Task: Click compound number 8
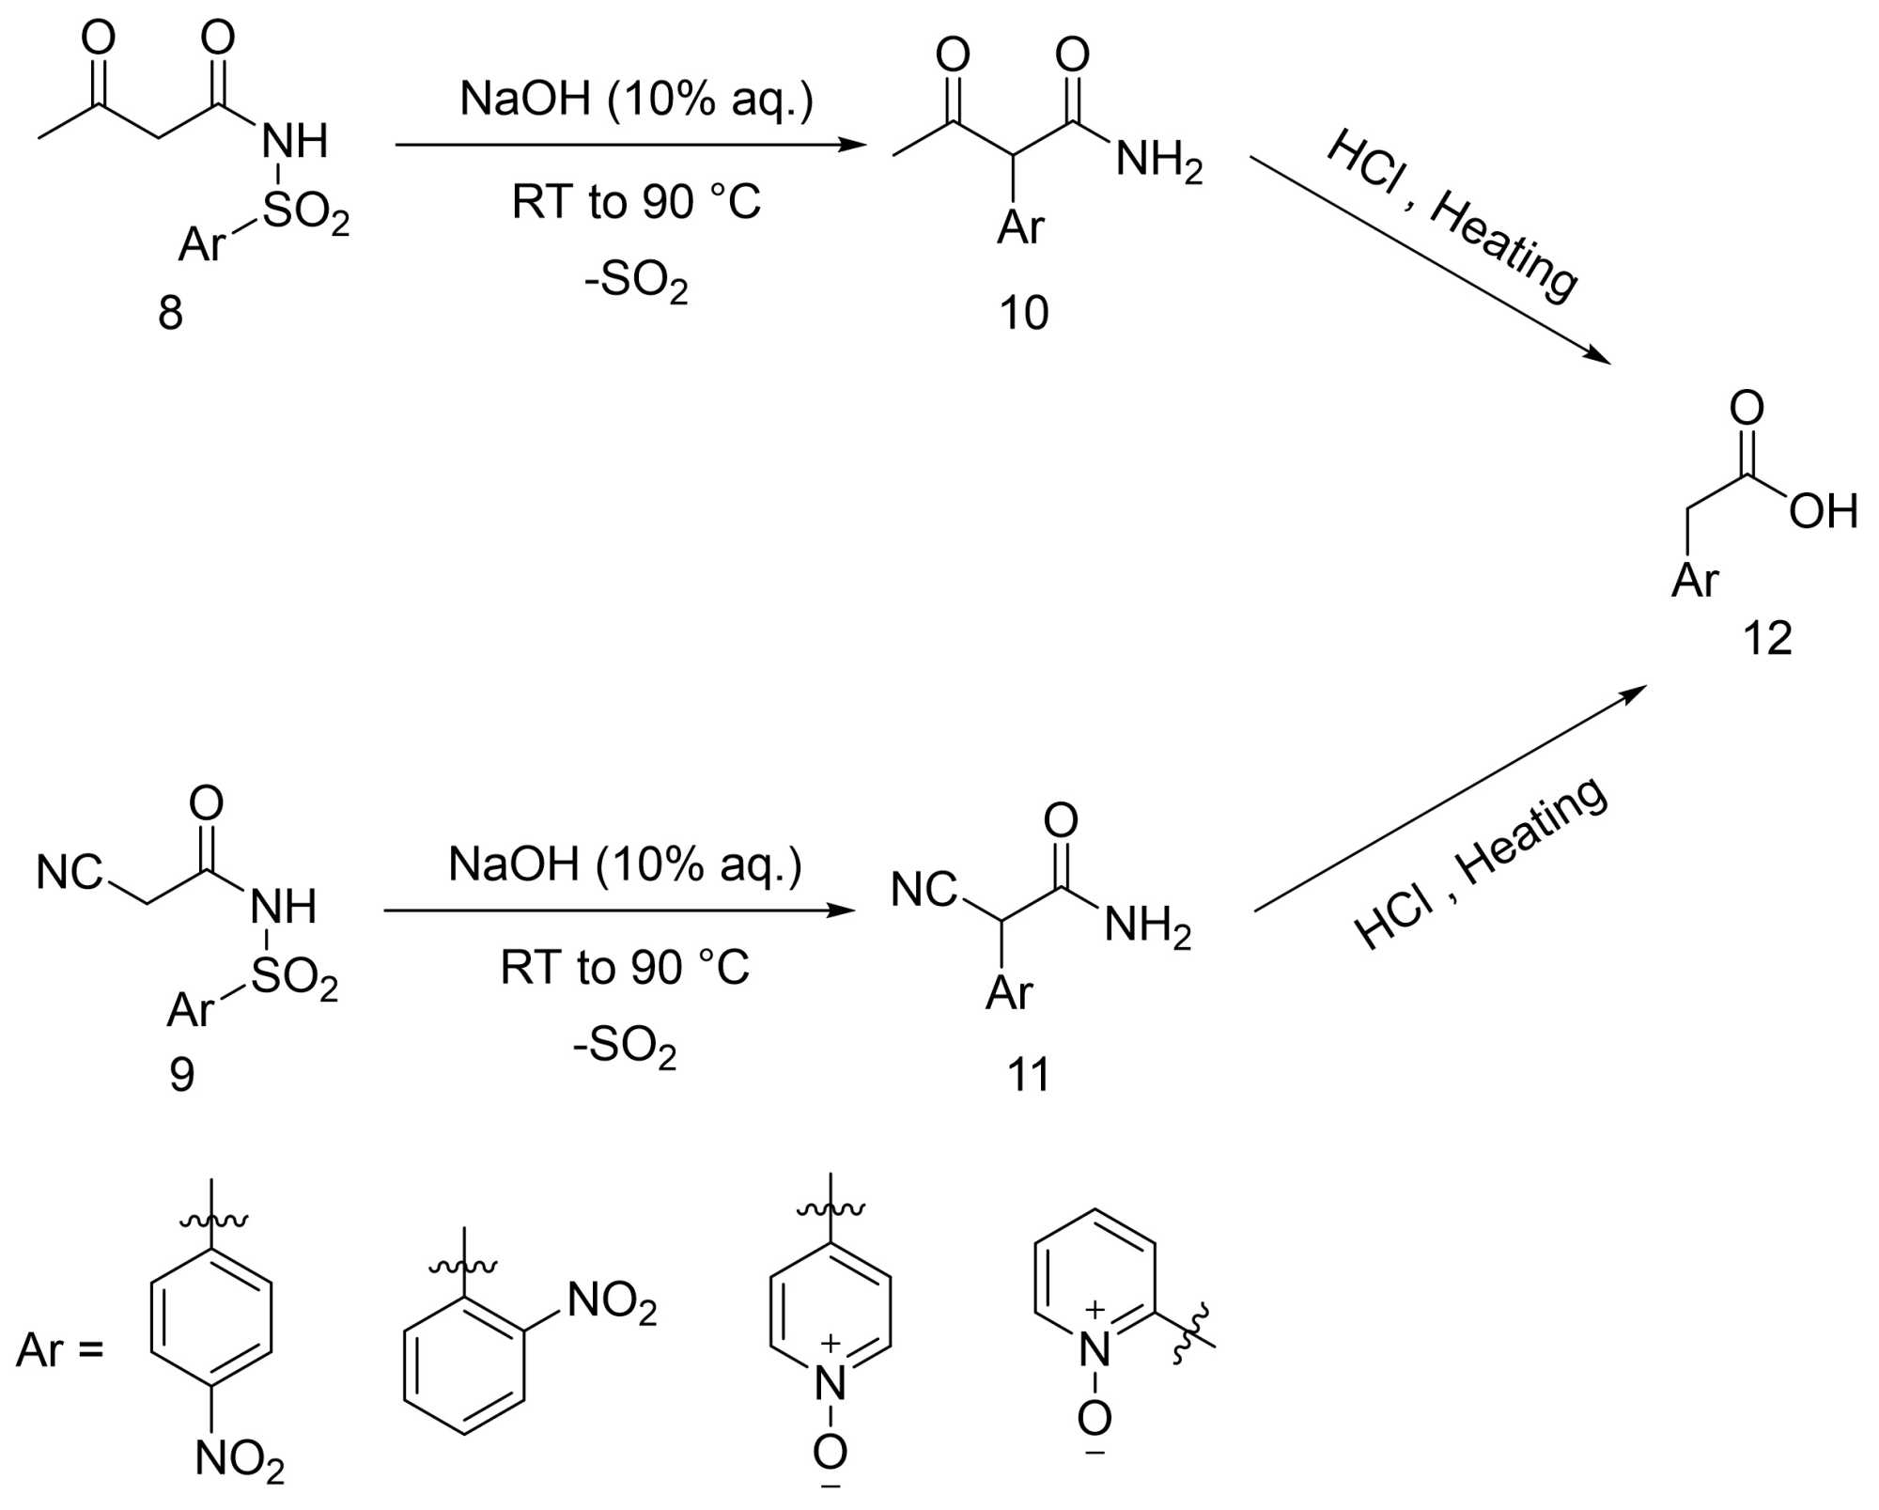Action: coord(170,312)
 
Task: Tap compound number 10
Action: coord(1023,313)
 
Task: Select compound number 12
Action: coord(1767,638)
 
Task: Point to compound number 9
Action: coord(181,1073)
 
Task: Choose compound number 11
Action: coord(1028,1074)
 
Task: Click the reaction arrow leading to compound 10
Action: coord(629,145)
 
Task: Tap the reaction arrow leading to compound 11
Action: coord(619,911)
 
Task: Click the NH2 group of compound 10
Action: coord(1158,160)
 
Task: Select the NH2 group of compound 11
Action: coord(1147,926)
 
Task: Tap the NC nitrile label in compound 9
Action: coord(69,873)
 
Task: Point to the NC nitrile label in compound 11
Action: coord(924,890)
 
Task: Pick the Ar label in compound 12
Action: coord(1694,580)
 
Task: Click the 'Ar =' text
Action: coord(59,1350)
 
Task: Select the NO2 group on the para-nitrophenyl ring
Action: coord(240,1460)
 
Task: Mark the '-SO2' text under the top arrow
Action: coord(636,280)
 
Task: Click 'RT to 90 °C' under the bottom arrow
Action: coord(625,968)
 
